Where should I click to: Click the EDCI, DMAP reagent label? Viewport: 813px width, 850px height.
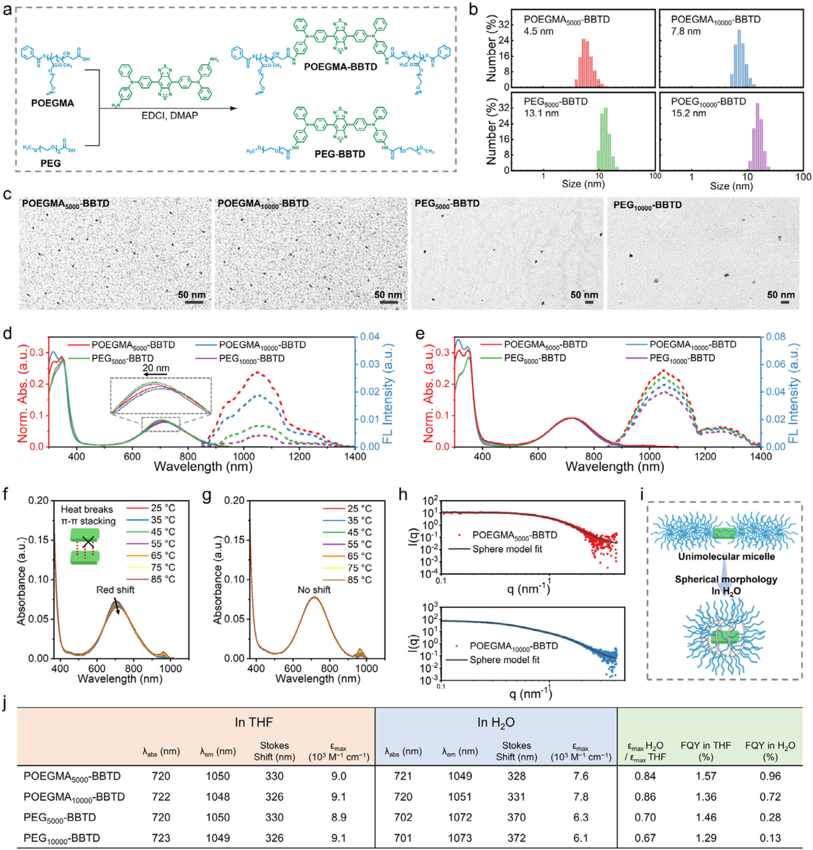169,116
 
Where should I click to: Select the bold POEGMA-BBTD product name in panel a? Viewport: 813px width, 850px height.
340,67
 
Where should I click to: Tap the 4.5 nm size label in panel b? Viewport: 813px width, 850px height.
538,32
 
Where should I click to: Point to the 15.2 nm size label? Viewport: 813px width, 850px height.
688,113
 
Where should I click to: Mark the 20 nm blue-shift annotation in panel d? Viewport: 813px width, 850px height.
156,368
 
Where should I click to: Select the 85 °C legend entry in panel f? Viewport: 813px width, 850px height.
162,579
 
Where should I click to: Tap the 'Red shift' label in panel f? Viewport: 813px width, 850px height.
115,590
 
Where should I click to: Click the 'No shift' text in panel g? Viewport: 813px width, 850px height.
314,590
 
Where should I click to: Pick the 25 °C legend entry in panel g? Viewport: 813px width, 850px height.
359,509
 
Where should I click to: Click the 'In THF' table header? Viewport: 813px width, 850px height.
253,723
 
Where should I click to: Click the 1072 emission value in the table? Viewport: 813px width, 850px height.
460,817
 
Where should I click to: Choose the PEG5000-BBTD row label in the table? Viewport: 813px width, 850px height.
59,817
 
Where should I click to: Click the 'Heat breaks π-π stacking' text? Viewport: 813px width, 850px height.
88,515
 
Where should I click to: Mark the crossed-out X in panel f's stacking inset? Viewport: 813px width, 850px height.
88,543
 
